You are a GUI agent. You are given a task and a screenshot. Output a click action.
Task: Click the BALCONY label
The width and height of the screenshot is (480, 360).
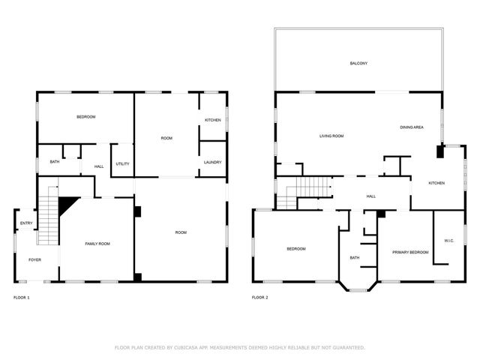tap(358, 63)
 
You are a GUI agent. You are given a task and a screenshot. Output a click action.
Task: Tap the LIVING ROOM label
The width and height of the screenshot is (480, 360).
tap(331, 136)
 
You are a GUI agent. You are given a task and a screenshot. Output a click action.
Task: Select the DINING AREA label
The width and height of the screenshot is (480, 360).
tap(412, 127)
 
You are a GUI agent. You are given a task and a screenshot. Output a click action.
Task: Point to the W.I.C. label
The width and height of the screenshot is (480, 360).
tap(449, 241)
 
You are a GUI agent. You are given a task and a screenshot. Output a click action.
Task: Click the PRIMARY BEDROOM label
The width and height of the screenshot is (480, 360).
tap(410, 252)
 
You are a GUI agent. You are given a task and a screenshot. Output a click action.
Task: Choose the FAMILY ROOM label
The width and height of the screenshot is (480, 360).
tap(97, 244)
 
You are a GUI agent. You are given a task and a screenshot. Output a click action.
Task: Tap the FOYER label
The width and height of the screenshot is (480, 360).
tap(35, 259)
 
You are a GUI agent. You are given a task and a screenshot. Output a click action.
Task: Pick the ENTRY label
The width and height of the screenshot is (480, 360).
tap(26, 223)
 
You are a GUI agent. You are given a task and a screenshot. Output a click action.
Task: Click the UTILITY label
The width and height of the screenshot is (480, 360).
tap(122, 163)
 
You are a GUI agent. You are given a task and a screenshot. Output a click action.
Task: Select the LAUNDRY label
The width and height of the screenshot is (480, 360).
tap(212, 162)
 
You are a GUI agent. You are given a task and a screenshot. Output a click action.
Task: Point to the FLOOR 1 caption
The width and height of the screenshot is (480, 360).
tap(22, 298)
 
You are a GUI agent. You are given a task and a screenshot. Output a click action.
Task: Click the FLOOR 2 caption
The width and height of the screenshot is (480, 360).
tap(260, 298)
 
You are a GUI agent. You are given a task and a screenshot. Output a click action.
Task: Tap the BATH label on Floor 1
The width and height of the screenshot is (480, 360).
tap(55, 162)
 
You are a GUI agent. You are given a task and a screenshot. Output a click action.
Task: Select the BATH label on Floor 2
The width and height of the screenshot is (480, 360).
tap(355, 258)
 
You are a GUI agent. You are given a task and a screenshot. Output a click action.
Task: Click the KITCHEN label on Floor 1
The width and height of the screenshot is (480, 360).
tap(213, 120)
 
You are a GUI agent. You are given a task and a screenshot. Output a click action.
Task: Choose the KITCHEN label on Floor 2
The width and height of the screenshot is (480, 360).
tap(436, 183)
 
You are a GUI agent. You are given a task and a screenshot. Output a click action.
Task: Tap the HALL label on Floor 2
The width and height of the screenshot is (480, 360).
tap(370, 196)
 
